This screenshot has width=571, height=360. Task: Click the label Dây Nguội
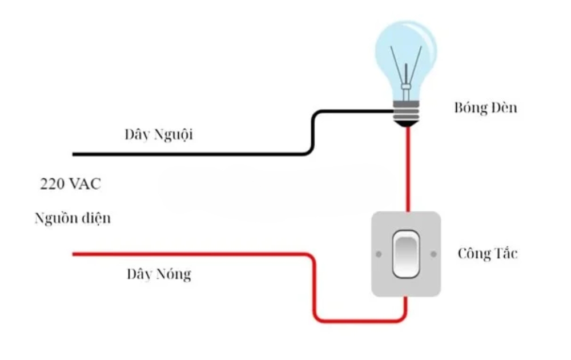159,135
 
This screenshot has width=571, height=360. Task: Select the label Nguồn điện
73,218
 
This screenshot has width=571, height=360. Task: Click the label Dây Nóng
159,274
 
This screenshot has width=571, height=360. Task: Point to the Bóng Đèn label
485,108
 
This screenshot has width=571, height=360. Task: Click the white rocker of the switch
405,253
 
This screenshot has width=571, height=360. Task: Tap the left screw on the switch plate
378,253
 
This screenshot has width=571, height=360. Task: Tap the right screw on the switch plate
433,253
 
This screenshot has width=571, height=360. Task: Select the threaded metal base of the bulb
406,109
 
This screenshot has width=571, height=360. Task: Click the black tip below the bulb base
406,122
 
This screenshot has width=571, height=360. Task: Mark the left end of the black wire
74,154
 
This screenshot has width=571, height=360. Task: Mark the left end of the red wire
74,254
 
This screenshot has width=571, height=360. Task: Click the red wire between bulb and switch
408,171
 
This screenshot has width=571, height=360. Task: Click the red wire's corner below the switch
402,318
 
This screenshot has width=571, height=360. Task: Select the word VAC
87,185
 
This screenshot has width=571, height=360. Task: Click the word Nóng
175,275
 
